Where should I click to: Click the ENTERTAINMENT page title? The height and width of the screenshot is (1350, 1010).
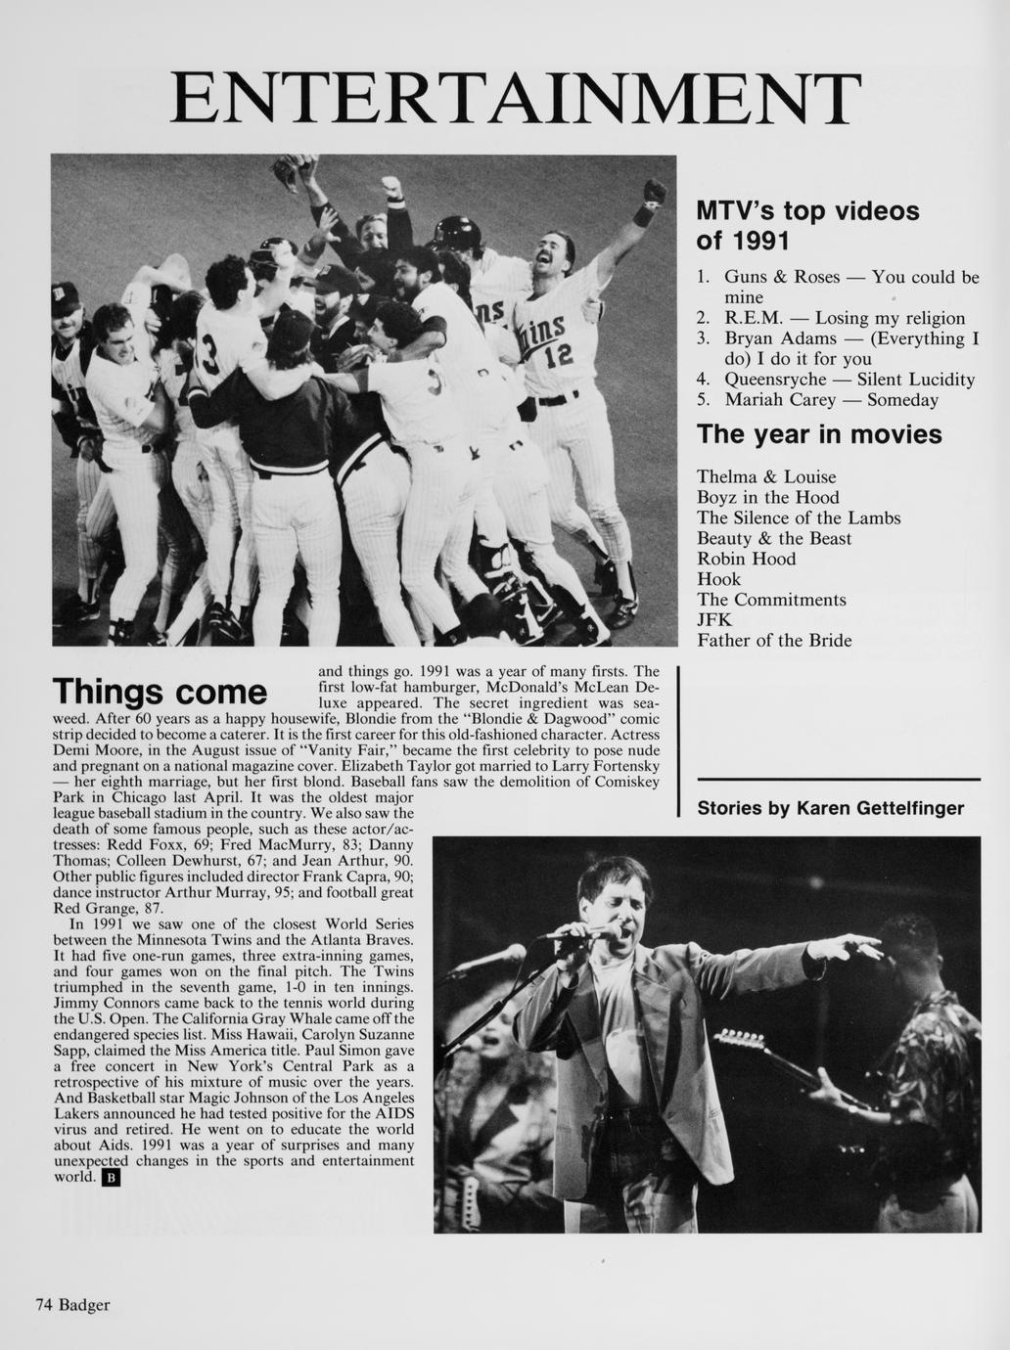coord(516,100)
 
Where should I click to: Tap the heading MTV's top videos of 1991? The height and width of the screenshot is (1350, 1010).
coord(807,225)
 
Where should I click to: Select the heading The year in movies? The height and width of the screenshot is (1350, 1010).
coord(818,433)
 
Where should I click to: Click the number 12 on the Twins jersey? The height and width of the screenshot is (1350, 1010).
coord(558,357)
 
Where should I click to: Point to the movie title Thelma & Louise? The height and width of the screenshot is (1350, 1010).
coord(766,476)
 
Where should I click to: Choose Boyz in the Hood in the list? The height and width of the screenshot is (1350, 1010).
coord(767,497)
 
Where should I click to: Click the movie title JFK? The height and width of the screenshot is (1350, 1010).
coord(713,619)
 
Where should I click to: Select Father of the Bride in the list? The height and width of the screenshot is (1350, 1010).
coord(774,640)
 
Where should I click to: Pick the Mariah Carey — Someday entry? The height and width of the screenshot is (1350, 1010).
coord(830,399)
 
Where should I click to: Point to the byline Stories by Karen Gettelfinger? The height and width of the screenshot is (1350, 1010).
coord(830,808)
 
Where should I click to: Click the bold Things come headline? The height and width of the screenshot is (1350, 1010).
coord(161,692)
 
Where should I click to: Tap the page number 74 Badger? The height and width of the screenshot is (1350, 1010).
coord(72,1304)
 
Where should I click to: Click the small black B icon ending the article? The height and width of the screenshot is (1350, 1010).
coord(111,1178)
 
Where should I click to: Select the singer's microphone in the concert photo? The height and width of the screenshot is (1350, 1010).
coord(577,934)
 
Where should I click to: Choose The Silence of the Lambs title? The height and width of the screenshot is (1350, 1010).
coord(798,517)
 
